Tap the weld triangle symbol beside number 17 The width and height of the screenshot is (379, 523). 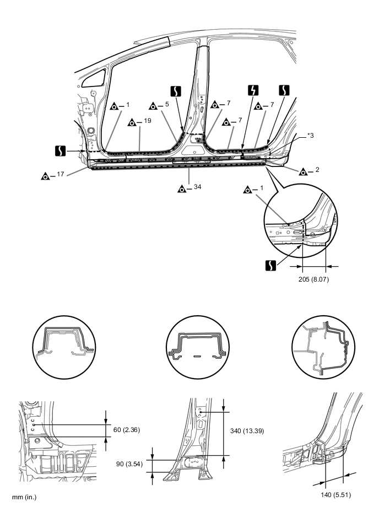[x=46, y=176]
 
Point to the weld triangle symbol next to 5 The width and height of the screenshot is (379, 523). [x=153, y=105]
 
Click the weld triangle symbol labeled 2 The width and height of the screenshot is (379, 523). [x=304, y=171]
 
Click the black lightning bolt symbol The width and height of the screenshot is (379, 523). [x=253, y=90]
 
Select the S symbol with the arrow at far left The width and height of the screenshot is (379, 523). [x=61, y=150]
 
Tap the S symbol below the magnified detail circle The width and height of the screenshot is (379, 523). [x=270, y=265]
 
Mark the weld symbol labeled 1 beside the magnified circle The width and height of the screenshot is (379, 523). [x=248, y=190]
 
